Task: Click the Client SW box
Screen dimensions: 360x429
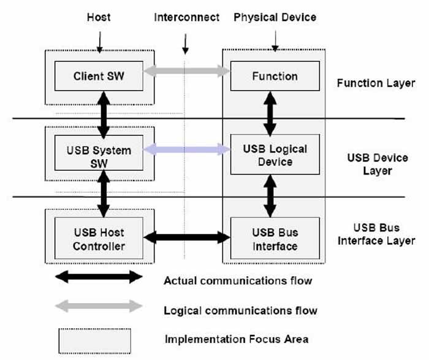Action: [x=99, y=77]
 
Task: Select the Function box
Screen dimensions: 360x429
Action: [x=275, y=77]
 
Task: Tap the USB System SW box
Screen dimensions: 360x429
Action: [x=99, y=156]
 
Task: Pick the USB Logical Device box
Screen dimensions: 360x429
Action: [x=275, y=156]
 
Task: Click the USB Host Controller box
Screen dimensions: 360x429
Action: [x=99, y=239]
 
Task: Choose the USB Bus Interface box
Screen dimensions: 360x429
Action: [x=275, y=239]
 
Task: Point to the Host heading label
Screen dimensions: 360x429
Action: [x=98, y=17]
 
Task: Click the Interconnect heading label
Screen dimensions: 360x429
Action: [x=186, y=17]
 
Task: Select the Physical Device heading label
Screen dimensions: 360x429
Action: [x=275, y=17]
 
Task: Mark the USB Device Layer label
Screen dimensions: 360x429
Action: [x=377, y=164]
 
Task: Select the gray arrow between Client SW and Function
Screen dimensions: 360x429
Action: [x=186, y=72]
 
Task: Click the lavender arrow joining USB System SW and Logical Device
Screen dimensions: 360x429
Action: [x=186, y=149]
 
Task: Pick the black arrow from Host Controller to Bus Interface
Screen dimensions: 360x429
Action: [x=186, y=236]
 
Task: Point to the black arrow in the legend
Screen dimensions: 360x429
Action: [x=99, y=277]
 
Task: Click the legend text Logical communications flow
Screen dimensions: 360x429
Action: [x=240, y=310]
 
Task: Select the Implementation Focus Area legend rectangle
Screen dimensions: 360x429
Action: [x=94, y=338]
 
